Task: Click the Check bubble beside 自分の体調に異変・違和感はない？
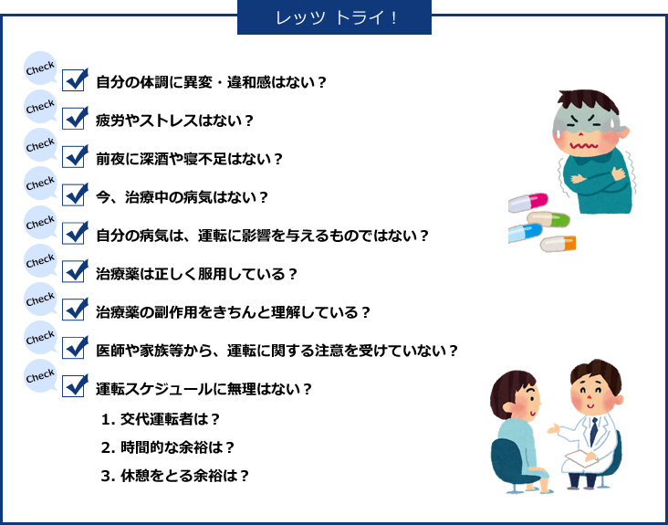pos(40,68)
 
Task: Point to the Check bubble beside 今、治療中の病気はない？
pos(40,184)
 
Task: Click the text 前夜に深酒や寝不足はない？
pos(189,160)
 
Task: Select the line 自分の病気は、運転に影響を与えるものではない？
pos(262,236)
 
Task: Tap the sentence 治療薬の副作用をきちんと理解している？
pos(233,312)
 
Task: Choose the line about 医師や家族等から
pos(277,351)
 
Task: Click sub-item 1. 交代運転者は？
pos(161,420)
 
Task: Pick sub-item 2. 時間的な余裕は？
pos(168,448)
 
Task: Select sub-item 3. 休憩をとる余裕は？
pos(175,476)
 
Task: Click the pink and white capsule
pos(527,203)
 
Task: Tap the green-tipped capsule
pos(548,219)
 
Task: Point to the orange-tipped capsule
pos(558,244)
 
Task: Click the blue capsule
pos(525,234)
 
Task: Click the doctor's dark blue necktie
pos(593,431)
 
